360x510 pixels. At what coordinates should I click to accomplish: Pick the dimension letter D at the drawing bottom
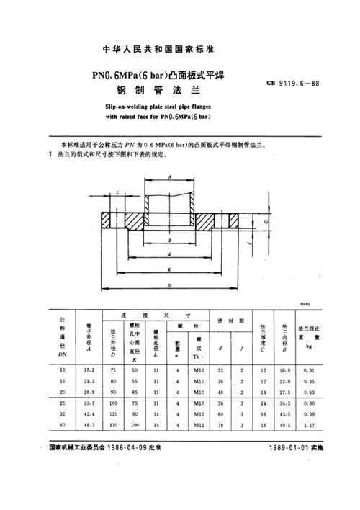click(169, 287)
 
